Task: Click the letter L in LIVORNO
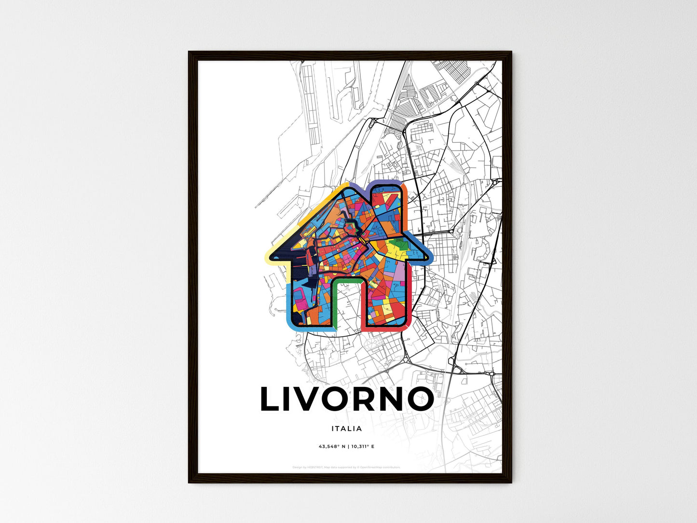coord(271,399)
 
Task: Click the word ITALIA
coord(346,428)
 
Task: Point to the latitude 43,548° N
coord(332,447)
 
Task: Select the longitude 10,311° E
coord(362,447)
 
